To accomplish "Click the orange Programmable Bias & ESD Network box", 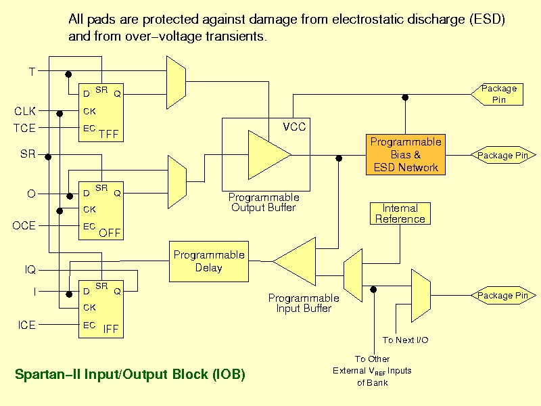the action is click(x=405, y=155).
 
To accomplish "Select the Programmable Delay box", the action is click(x=209, y=261).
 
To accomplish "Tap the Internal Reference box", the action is click(x=400, y=213).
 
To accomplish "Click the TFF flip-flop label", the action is click(x=109, y=134).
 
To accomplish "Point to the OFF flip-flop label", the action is click(x=110, y=233).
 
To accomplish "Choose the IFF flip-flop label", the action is click(x=111, y=329).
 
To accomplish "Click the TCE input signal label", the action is click(x=24, y=128).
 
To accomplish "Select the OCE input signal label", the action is click(x=24, y=225).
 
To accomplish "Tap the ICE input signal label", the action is click(x=27, y=325).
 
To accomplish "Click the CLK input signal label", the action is click(x=25, y=111).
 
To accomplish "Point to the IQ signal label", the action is click(x=30, y=269).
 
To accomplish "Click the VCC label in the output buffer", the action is click(x=294, y=127).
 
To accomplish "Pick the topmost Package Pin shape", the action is click(x=497, y=94).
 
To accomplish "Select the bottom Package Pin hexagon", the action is click(x=503, y=296).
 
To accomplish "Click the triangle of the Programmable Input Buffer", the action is click(x=294, y=261).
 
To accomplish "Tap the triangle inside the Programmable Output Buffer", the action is click(x=269, y=155).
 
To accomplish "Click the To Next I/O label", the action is click(x=405, y=340).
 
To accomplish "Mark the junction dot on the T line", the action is click(x=68, y=74).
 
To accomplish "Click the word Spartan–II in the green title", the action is click(x=47, y=375).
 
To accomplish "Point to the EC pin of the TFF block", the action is click(x=89, y=128).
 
